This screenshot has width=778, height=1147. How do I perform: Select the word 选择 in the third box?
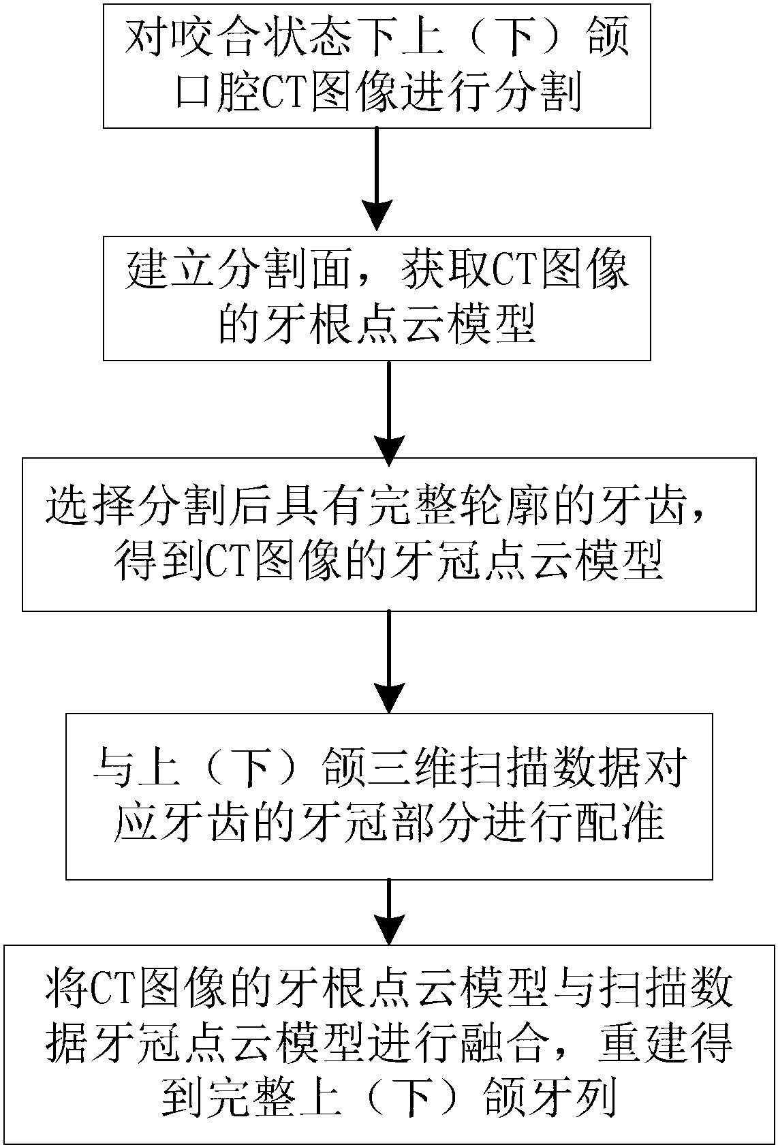pos(84,508)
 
